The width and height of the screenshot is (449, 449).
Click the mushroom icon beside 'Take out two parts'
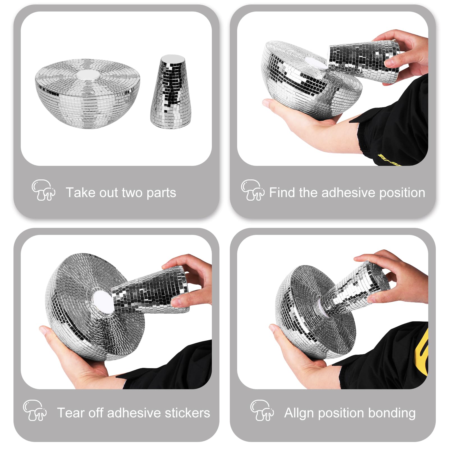[x=43, y=190]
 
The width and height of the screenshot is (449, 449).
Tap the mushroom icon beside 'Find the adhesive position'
[x=253, y=190]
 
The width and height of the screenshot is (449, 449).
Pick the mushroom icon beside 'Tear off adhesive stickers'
[x=35, y=410]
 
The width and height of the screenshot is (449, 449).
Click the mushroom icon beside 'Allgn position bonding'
[x=262, y=410]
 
